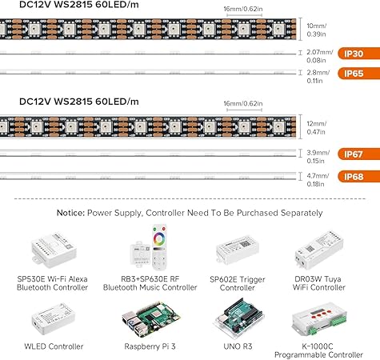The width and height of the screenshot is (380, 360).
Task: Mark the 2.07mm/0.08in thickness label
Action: (x=318, y=55)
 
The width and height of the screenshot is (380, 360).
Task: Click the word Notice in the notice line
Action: (x=75, y=213)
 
